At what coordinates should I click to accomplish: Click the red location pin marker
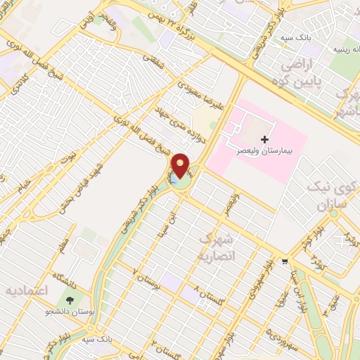pyautogui.click(x=181, y=166)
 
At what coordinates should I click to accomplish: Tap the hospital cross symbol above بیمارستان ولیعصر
pyautogui.click(x=264, y=139)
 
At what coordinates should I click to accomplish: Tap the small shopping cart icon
pyautogui.click(x=284, y=260)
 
